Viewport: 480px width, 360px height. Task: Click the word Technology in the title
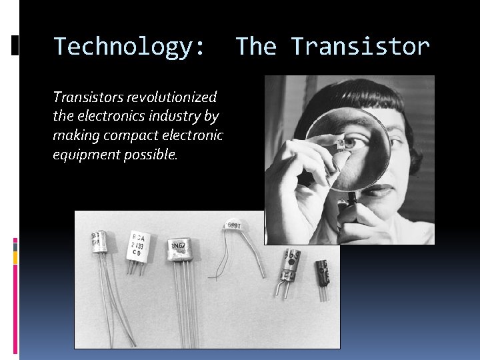[124, 47]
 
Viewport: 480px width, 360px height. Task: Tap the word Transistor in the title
[360, 47]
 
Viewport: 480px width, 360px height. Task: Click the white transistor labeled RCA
[138, 245]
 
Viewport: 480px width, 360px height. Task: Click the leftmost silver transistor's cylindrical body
[98, 243]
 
